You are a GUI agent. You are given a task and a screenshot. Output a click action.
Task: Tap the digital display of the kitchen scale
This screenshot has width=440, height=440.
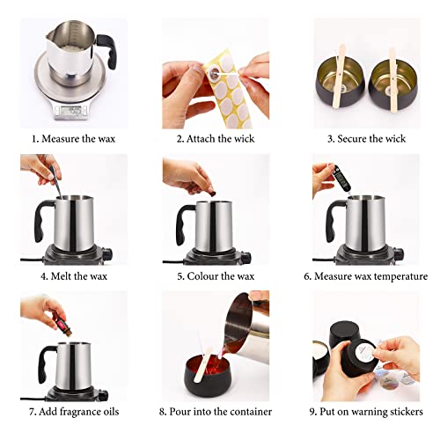tap(70, 110)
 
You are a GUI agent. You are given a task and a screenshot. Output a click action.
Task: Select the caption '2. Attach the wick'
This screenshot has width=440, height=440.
tap(217, 137)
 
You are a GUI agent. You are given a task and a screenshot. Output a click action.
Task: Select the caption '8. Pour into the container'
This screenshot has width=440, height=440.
tap(218, 411)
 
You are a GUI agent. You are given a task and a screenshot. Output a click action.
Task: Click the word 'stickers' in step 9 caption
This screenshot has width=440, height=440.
tap(405, 411)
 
